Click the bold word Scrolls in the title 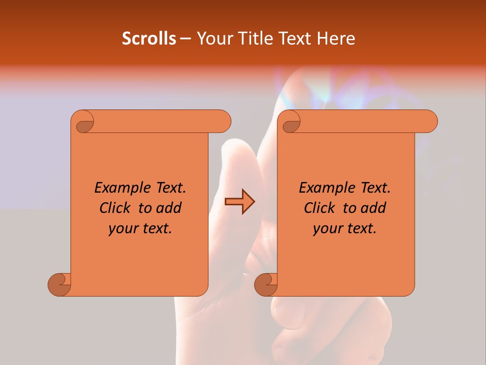pos(149,39)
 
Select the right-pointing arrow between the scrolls pos(239,202)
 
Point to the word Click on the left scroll pos(116,208)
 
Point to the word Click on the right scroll pos(321,208)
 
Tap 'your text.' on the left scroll pos(140,229)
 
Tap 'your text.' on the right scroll pos(345,229)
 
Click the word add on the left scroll pos(169,208)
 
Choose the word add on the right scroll pos(373,208)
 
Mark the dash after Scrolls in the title pos(185,39)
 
